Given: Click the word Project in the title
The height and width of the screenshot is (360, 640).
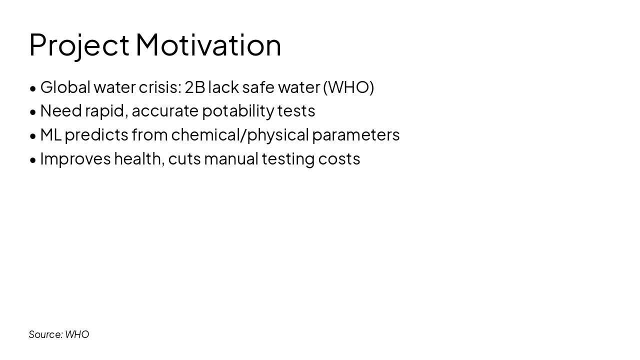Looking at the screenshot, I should coord(79,45).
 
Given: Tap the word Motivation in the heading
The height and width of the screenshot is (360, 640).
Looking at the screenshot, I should coord(208,45).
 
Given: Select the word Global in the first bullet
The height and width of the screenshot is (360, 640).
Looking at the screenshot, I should coord(65,87).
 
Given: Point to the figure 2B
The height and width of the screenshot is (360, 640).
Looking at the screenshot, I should coord(194,87).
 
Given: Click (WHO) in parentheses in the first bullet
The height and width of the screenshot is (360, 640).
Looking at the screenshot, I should coord(348,87).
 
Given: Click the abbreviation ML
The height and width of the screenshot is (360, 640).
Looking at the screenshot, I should coord(50,134).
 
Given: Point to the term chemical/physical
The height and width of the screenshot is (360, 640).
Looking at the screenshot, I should coord(240,134).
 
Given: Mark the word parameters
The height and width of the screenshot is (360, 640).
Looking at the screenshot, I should coord(356,134).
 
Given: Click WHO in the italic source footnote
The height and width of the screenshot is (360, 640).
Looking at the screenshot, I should coord(77,334).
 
